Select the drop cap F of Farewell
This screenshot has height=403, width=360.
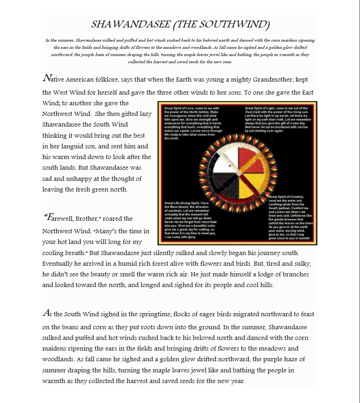pyautogui.click(x=49, y=217)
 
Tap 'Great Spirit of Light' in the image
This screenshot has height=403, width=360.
pyautogui.click(x=262, y=108)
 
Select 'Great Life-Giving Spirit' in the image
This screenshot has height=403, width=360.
pyautogui.click(x=183, y=203)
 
